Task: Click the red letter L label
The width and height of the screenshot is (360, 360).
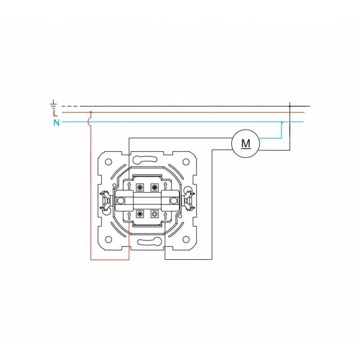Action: (55, 113)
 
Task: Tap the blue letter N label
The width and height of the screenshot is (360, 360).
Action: (56, 122)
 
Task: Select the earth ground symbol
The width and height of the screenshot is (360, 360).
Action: (54, 104)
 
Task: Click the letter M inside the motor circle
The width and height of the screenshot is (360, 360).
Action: (246, 144)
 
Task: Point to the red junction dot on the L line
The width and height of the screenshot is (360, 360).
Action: (91, 112)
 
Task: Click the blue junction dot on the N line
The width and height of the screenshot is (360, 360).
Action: (282, 122)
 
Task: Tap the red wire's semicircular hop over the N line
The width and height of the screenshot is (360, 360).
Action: (89, 122)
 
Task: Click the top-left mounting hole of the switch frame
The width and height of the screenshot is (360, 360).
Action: (108, 162)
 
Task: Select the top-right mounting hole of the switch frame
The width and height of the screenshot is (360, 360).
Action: (186, 162)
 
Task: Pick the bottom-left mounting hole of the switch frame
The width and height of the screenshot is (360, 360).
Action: (108, 240)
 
